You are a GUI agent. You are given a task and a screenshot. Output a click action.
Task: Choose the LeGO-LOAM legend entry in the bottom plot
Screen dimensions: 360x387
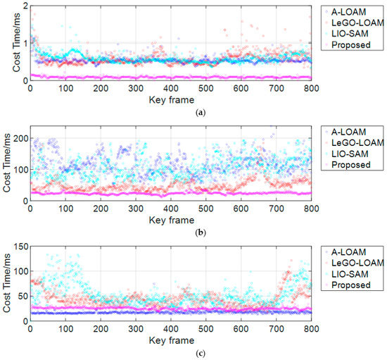pos(351,263)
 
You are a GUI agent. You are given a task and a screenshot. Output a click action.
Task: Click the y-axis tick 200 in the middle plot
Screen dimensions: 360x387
pos(20,138)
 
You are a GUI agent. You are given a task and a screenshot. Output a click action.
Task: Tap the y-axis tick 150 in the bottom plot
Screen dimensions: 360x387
pos(20,246)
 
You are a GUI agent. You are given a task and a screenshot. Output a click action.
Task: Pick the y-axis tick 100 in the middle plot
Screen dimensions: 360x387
pos(20,170)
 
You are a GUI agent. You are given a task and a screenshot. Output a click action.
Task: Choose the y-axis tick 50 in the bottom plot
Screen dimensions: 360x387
pos(22,297)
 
